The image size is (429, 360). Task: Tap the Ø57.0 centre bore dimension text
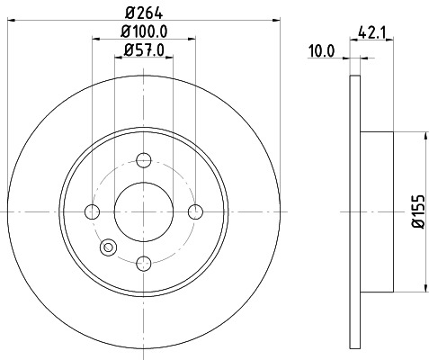tap(144, 51)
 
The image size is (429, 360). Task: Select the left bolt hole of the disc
tap(92, 211)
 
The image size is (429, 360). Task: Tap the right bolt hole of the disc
tap(195, 211)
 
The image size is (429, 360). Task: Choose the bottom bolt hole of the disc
tap(143, 263)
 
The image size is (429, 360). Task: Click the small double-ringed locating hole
tap(110, 246)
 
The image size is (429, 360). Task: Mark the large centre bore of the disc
tap(143, 211)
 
